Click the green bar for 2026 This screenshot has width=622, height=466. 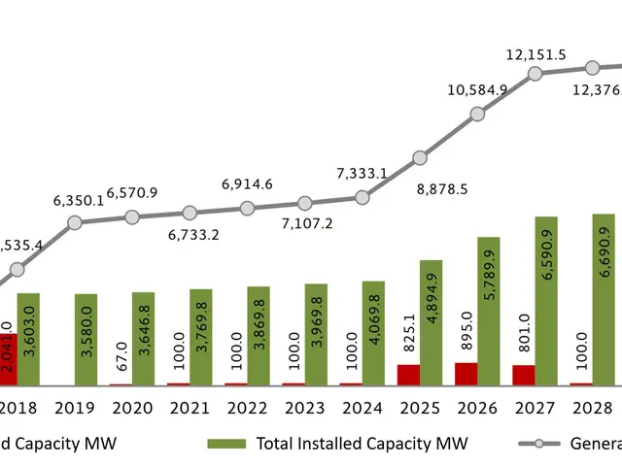click(488, 311)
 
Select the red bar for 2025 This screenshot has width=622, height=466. click(409, 375)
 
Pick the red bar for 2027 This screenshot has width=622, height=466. click(524, 376)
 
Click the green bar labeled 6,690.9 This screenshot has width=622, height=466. click(604, 299)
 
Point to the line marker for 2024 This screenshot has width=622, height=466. click(363, 197)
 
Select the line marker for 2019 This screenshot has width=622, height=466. click(75, 223)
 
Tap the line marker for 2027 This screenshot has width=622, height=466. click(535, 74)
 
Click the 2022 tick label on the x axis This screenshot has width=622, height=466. click(248, 407)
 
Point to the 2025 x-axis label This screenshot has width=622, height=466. click(420, 407)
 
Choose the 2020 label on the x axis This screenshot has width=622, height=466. click(132, 407)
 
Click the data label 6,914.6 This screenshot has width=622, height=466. click(247, 183)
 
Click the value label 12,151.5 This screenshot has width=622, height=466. click(535, 51)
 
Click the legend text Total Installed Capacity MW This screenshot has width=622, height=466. click(362, 444)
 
